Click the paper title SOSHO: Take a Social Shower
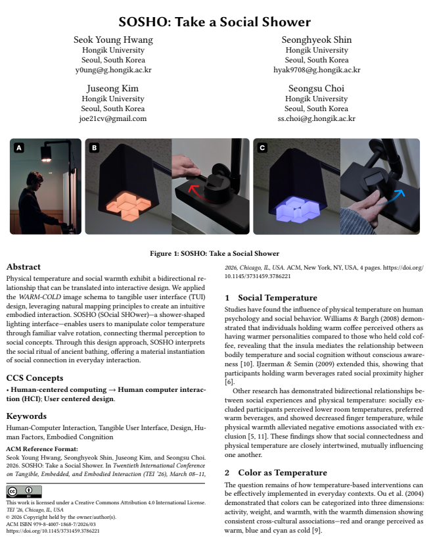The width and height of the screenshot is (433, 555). [x=216, y=23]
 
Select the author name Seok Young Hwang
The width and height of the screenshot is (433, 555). [x=113, y=40]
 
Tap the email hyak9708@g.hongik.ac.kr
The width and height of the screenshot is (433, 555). [x=317, y=70]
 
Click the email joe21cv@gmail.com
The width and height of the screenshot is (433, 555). [x=113, y=118]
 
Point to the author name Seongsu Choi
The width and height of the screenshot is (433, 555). [x=317, y=89]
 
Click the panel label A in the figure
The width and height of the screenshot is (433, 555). [x=18, y=148]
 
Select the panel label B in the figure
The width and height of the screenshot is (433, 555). [x=94, y=148]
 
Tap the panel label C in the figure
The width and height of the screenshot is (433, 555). [x=263, y=148]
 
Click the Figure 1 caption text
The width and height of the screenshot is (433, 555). [x=216, y=254]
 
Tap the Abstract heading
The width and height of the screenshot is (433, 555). [x=24, y=267]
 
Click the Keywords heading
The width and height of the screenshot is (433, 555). [x=26, y=416]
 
